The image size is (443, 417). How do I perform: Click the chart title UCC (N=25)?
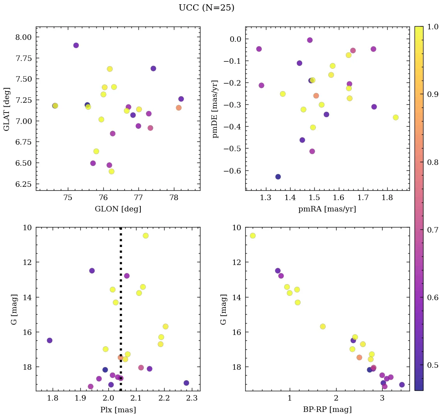pos(206,8)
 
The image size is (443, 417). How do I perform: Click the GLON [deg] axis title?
pos(118,209)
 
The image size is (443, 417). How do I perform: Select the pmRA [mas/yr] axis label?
pos(327,209)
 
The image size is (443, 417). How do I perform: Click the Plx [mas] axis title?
pos(118,410)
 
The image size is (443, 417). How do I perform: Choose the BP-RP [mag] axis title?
pos(327,410)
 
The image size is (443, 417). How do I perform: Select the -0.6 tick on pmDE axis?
pos(232,171)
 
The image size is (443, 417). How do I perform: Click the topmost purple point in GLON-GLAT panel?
pos(76,45)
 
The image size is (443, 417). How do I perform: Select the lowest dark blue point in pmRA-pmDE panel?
pos(278,177)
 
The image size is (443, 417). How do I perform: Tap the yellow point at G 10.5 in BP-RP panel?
pos(253,236)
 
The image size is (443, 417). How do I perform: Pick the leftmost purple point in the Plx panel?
pos(50,340)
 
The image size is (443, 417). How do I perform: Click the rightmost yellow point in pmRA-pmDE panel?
pos(395,117)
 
